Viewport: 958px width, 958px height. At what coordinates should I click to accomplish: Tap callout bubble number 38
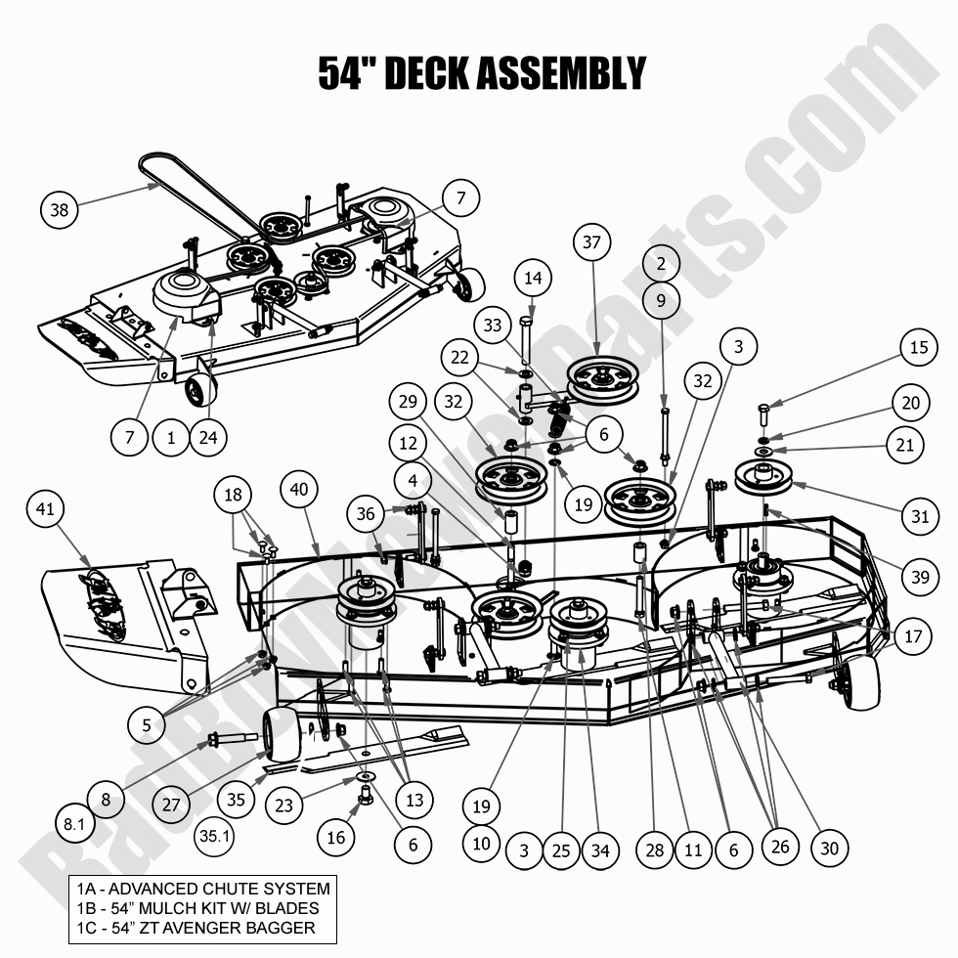[x=61, y=210]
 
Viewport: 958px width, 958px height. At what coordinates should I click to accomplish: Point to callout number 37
[x=591, y=241]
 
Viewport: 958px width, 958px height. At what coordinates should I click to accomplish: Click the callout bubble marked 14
[x=532, y=279]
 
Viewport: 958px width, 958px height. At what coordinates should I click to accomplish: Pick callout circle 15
[x=918, y=347]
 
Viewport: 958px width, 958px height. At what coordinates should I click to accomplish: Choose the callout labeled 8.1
[x=74, y=824]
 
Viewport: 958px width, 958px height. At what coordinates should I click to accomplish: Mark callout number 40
[x=300, y=488]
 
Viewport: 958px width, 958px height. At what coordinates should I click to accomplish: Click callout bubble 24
[x=207, y=437]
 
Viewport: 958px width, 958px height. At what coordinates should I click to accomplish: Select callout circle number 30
[x=829, y=849]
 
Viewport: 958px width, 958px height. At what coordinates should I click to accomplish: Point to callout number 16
[x=336, y=837]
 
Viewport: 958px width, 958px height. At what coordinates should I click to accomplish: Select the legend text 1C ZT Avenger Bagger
[x=196, y=928]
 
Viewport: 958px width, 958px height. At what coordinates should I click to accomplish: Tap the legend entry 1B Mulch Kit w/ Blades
[x=197, y=908]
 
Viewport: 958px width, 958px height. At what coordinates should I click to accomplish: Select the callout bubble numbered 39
[x=918, y=578]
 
